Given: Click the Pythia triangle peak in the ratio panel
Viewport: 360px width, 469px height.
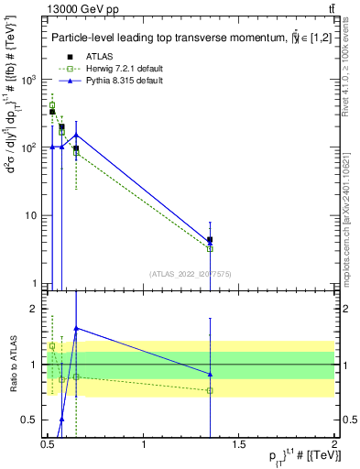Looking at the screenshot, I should point(76,328).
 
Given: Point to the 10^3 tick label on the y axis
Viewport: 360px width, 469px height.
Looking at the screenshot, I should point(27,80).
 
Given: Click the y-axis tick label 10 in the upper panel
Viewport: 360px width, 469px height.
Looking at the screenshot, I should point(30,216).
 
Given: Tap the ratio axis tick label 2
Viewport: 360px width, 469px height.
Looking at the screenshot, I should point(36,310).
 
